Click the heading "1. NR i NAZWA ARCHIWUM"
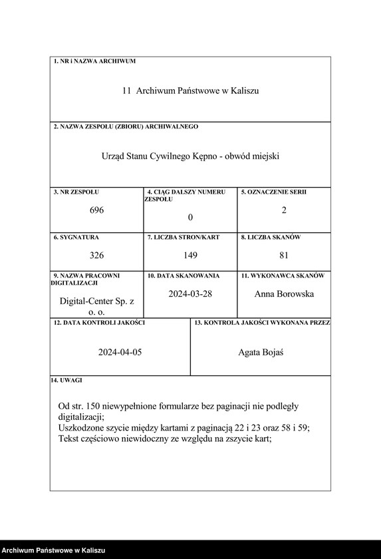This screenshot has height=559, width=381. [x=94, y=61]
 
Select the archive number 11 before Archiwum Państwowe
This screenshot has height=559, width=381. [x=126, y=91]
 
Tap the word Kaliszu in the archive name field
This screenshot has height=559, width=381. [x=244, y=91]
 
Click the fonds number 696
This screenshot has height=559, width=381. [x=97, y=210]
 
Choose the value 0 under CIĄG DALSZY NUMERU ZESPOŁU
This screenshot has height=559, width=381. [x=190, y=217]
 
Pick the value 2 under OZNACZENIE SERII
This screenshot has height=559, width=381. [x=284, y=210]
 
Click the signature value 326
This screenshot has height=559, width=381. [x=97, y=255]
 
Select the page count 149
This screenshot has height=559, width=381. [x=190, y=255]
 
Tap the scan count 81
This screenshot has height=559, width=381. [x=284, y=255]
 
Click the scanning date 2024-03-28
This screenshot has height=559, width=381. [x=190, y=293]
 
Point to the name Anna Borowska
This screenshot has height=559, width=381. [x=284, y=293]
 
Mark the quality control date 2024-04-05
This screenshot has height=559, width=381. [x=120, y=353]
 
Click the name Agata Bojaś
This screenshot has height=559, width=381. [x=261, y=353]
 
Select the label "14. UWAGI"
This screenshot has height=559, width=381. [x=66, y=380]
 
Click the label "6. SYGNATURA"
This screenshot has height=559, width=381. [x=76, y=237]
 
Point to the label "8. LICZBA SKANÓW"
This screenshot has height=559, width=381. [x=271, y=237]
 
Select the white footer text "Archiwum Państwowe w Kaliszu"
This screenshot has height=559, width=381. [x=54, y=550]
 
